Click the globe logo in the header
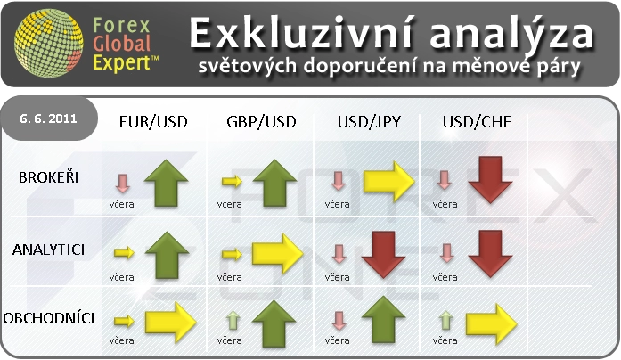tap(48, 43)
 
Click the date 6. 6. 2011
tap(48, 119)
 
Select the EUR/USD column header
tap(153, 122)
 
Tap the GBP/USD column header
tap(261, 122)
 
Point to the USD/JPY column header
tap(369, 122)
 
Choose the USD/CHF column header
tap(477, 122)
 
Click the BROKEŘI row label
tap(48, 177)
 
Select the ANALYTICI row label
tap(48, 250)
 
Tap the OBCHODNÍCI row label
tap(49, 318)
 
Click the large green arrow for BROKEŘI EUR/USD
tap(167, 183)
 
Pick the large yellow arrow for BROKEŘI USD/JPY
tap(389, 182)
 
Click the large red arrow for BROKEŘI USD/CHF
tap(490, 180)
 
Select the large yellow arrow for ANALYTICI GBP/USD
tap(277, 253)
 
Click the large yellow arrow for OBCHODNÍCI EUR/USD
tap(171, 323)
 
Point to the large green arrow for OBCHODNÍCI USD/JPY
tap(383, 320)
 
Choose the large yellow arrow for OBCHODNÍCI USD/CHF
tap(492, 324)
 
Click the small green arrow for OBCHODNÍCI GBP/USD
tap(233, 321)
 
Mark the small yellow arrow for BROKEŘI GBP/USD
tap(232, 182)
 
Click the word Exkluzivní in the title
tap(302, 34)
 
